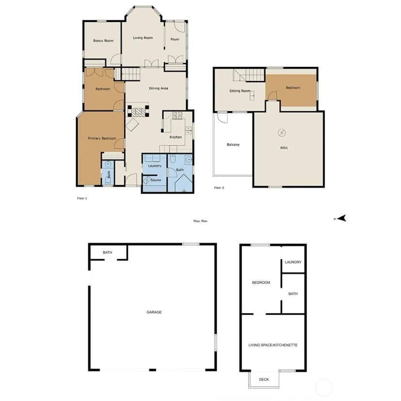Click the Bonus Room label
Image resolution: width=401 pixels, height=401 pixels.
(x=103, y=41)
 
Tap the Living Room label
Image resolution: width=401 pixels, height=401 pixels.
(x=143, y=38)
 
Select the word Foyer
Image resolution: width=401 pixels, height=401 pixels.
(x=175, y=39)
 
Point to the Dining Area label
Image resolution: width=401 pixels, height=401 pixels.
(x=158, y=88)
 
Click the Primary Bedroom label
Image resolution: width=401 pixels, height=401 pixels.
(x=102, y=139)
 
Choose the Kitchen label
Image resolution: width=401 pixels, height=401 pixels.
(x=176, y=137)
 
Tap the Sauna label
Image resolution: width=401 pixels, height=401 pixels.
(x=155, y=180)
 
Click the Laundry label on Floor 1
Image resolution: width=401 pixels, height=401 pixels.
(x=154, y=166)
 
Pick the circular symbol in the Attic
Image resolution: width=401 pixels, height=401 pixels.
(x=281, y=133)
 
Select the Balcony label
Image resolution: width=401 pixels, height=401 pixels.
(x=233, y=145)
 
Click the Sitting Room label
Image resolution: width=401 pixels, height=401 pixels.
(x=240, y=91)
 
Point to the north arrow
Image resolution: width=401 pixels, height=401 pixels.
(x=341, y=218)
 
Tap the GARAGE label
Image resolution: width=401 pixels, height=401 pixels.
(x=154, y=312)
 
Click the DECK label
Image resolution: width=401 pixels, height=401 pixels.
(x=264, y=380)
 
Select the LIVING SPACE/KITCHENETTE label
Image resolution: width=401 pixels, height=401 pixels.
(x=273, y=345)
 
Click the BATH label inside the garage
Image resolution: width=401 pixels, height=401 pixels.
(x=108, y=252)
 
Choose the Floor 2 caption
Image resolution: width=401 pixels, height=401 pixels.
(x=219, y=188)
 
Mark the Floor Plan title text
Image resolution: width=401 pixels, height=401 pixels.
(x=200, y=221)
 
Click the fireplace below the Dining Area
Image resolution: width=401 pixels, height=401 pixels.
(x=139, y=111)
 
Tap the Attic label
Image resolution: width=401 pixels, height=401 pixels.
(x=284, y=148)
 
